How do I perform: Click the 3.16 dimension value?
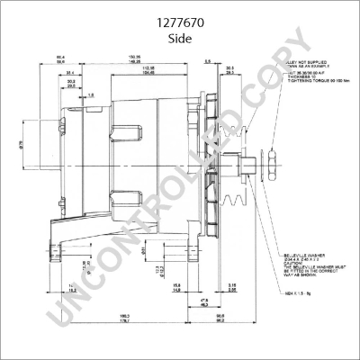click(x=232, y=285)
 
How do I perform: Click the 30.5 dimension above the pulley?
click(x=229, y=68)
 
